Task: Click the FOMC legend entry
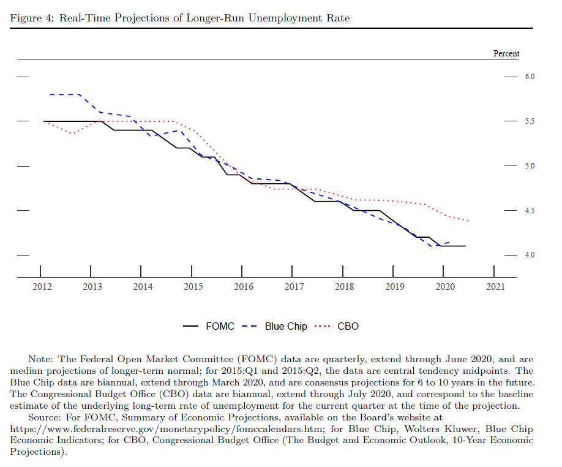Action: click(x=208, y=326)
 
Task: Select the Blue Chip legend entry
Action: click(x=274, y=326)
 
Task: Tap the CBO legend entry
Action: click(x=336, y=326)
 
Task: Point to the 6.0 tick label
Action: click(x=530, y=77)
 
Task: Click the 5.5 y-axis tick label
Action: click(x=530, y=121)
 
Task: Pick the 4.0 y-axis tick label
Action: click(x=530, y=255)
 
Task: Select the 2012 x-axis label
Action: click(x=42, y=287)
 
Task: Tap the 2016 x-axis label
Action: click(x=244, y=287)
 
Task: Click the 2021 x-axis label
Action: click(x=495, y=287)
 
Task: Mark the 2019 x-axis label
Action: click(x=395, y=287)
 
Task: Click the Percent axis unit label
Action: click(x=506, y=53)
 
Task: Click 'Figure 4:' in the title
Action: click(x=32, y=18)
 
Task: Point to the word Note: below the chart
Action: click(x=40, y=359)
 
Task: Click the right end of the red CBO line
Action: click(x=468, y=221)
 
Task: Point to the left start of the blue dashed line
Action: click(x=50, y=94)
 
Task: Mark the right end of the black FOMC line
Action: click(x=465, y=246)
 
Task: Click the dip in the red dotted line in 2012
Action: click(x=73, y=134)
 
